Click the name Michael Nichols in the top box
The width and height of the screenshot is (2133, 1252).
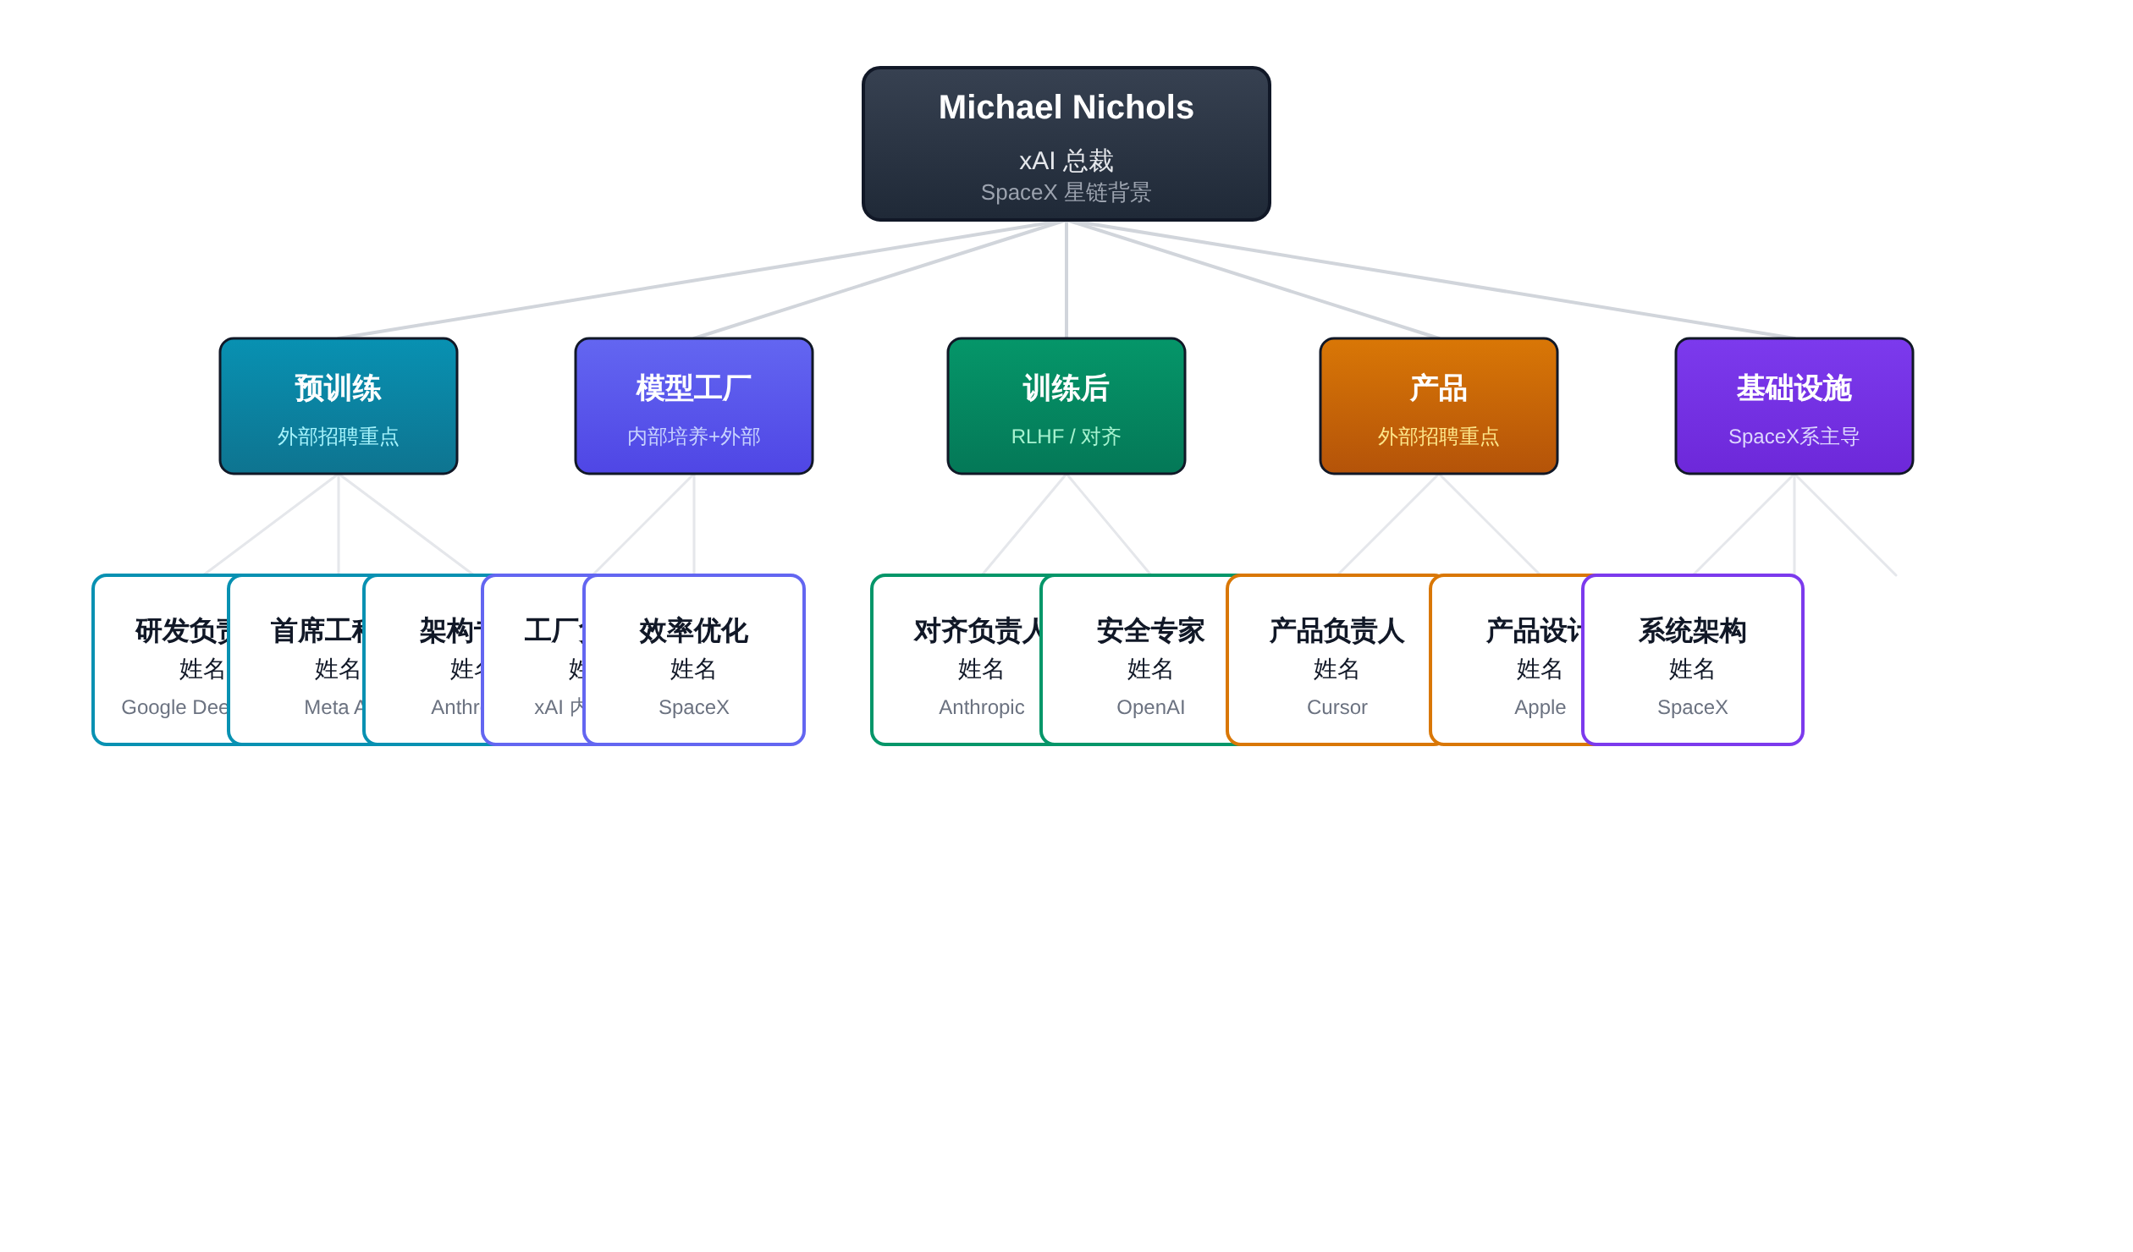coord(1066,107)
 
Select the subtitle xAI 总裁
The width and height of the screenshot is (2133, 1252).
coord(1066,160)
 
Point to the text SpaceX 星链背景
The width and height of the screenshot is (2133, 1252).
coord(1066,193)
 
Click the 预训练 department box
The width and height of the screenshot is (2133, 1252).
coord(338,406)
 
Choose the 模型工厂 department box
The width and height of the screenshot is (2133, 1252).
coord(693,406)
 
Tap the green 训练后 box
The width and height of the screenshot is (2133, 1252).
coord(1066,406)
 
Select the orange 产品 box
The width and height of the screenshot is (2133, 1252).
coord(1438,406)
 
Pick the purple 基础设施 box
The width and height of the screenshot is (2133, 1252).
coord(1794,406)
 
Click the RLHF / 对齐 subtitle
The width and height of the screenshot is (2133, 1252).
coord(1066,437)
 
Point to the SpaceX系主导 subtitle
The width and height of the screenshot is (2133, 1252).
coord(1794,437)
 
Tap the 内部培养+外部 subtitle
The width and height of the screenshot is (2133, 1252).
coord(693,437)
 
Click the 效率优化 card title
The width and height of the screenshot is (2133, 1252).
coord(693,631)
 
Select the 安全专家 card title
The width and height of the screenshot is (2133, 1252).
coord(1150,631)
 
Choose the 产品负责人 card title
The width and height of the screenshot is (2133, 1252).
coord(1337,631)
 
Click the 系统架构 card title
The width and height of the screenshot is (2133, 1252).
coord(1692,631)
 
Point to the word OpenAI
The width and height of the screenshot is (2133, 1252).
coord(1150,707)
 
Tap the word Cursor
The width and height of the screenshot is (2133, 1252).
coord(1337,707)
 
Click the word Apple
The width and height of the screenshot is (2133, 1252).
coord(1540,707)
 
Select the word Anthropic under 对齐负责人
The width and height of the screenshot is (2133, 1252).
coord(981,707)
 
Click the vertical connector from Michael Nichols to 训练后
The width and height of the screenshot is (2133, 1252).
coord(1066,279)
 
